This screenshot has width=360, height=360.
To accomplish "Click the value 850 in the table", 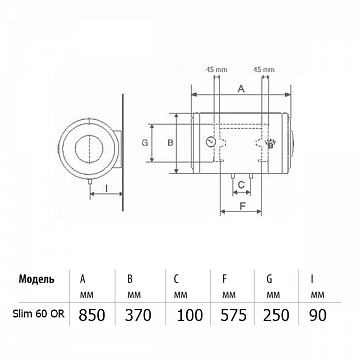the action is point(92,315).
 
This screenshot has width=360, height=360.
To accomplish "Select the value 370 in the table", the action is point(138,315).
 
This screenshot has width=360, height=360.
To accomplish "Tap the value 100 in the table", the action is point(190,315).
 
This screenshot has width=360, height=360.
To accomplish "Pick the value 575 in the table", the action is point(234,315).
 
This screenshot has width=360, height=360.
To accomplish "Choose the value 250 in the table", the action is point(276,315).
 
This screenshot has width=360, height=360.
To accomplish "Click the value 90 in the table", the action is point(318,315).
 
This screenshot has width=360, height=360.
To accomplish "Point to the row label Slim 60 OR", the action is point(39,314).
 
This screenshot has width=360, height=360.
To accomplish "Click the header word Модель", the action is point(36,279).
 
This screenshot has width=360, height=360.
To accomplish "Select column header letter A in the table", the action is point(82,279).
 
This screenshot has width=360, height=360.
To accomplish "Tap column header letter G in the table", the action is point(269,279).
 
